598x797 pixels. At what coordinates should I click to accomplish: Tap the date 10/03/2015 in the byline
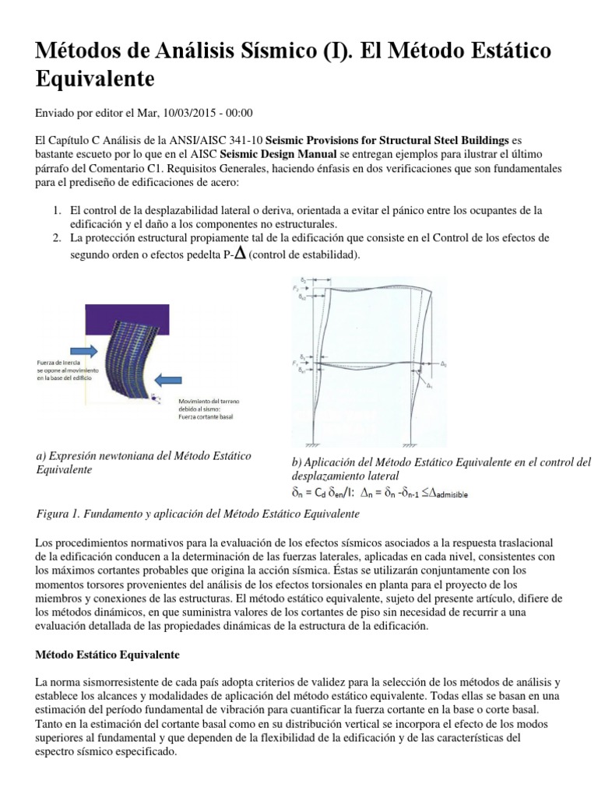172,112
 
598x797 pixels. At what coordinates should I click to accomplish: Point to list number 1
57,210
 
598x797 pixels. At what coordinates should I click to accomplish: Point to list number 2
57,237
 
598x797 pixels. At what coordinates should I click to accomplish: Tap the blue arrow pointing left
170,380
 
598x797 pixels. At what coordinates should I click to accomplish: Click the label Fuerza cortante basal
203,416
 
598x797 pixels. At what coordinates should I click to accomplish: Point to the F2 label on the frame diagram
296,288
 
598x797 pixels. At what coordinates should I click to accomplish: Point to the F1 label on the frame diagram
296,362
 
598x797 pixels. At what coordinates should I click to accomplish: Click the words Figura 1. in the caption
58,514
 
